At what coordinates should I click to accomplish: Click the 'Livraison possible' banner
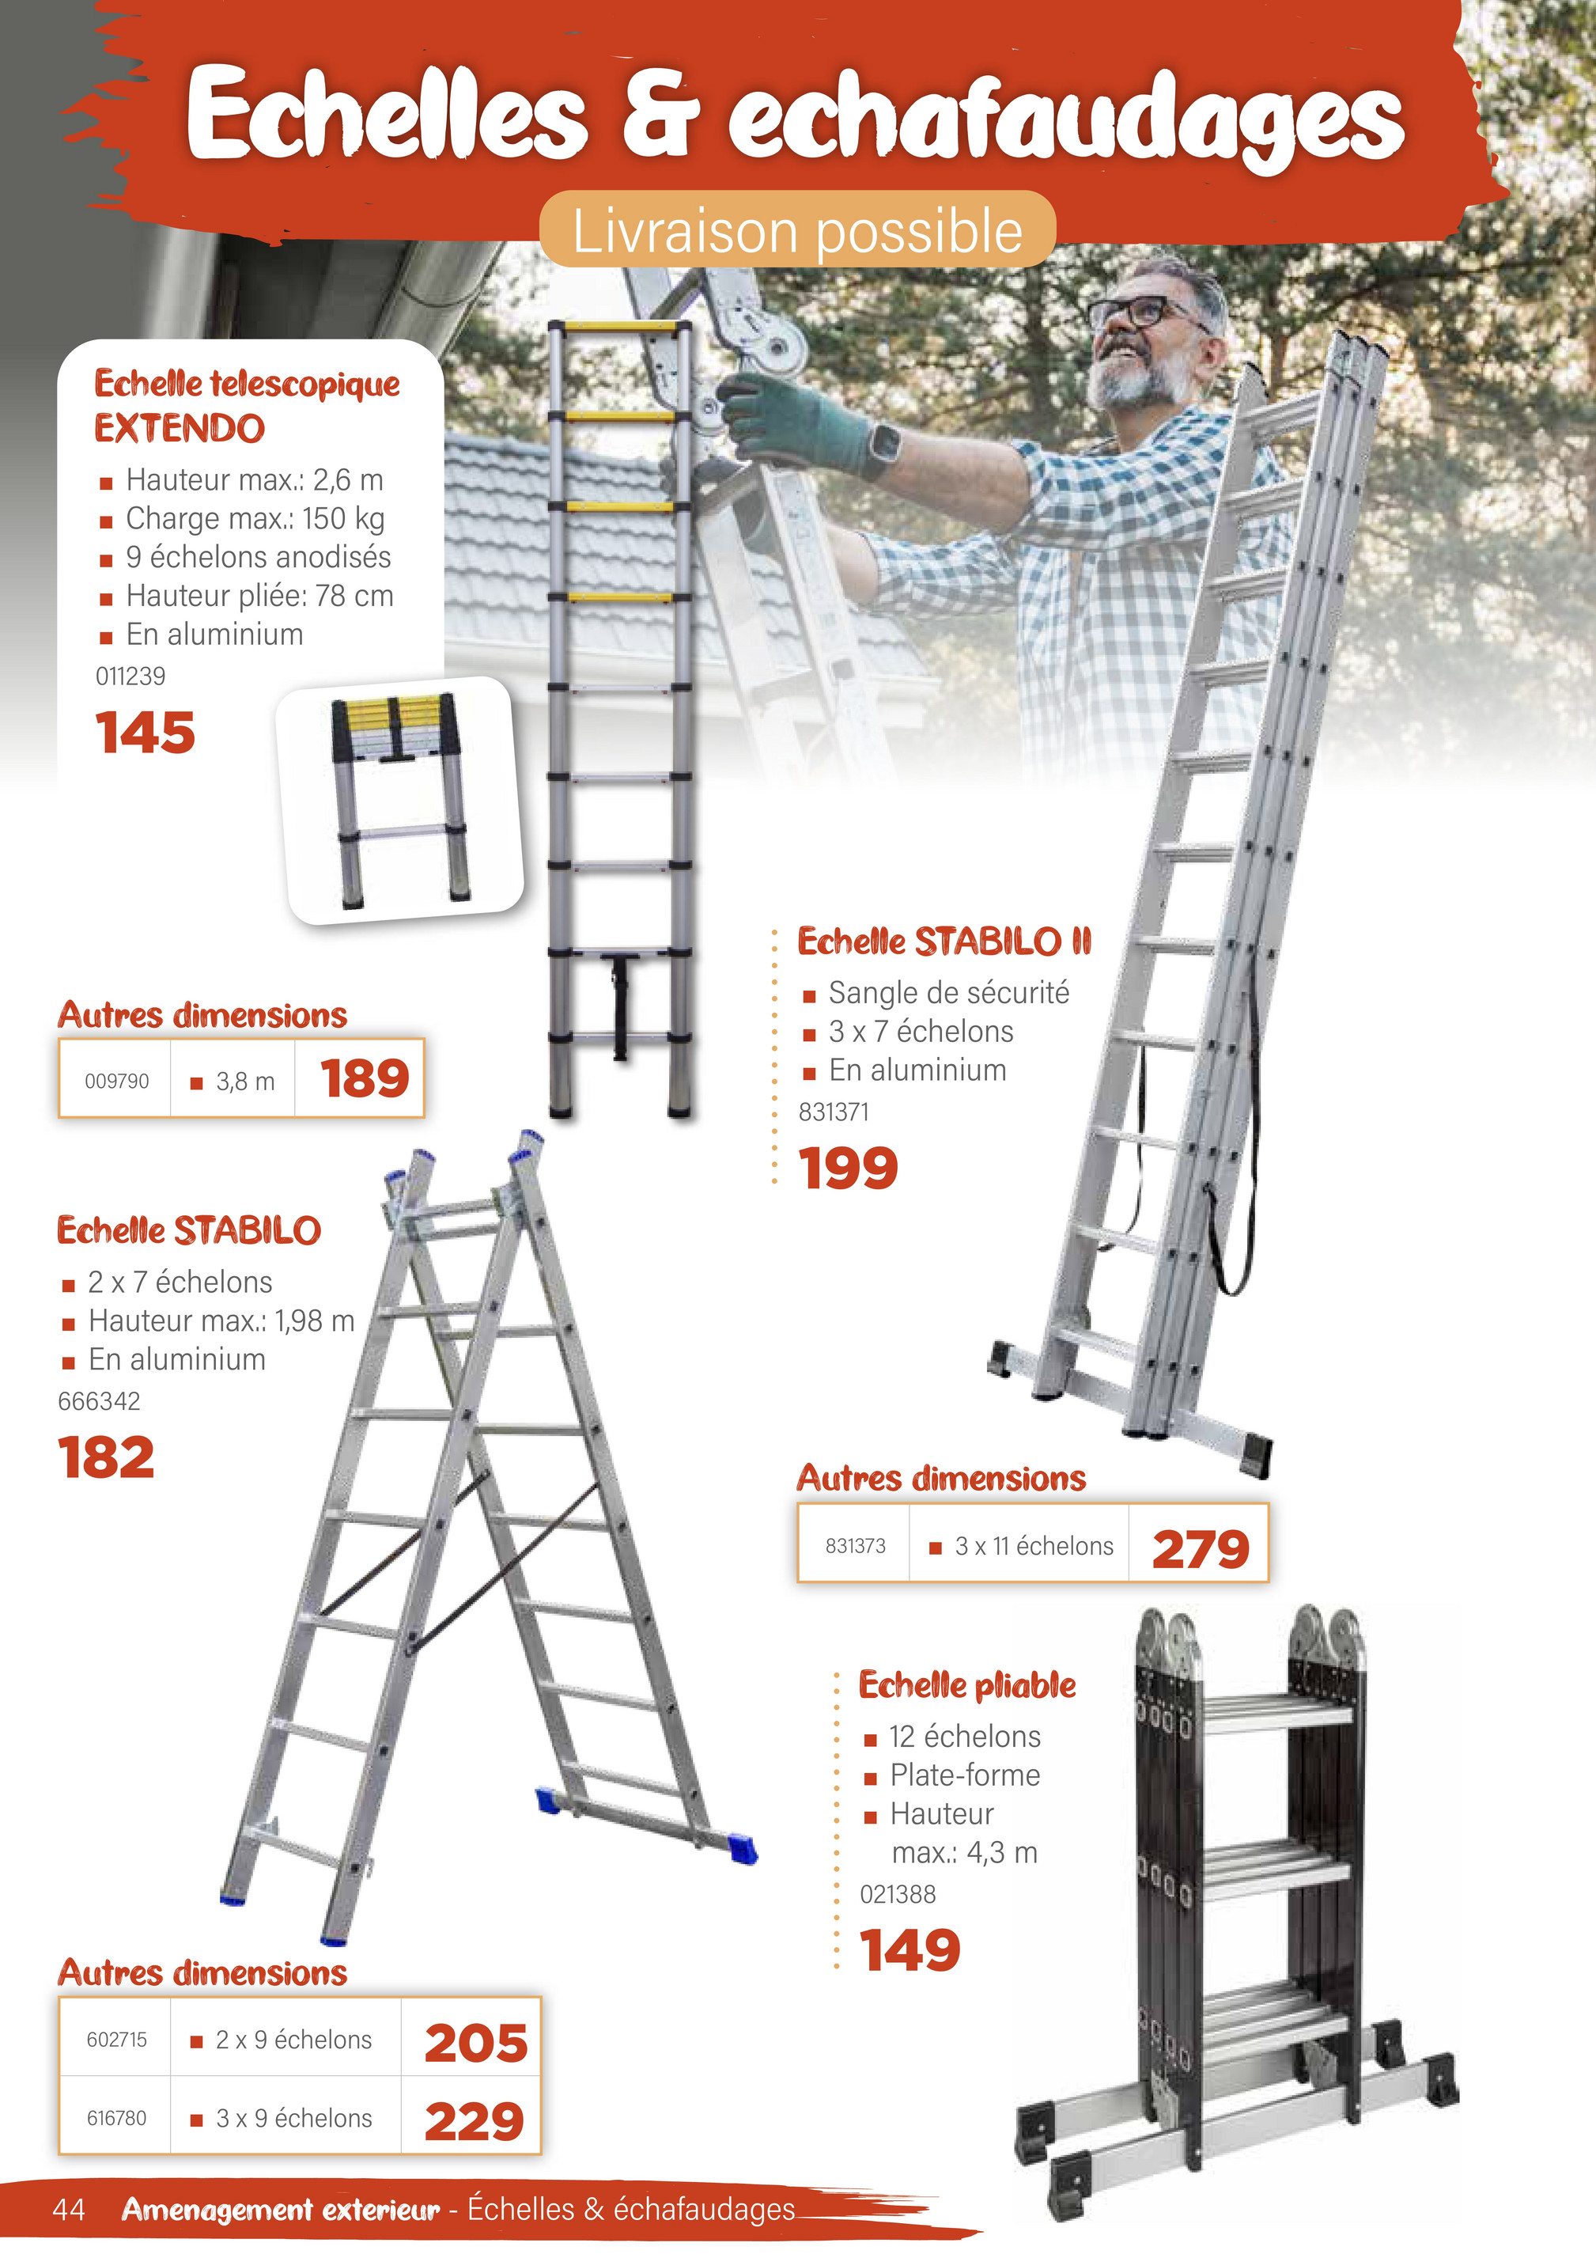796,230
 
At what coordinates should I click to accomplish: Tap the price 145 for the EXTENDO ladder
146,733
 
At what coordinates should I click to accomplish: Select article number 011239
130,676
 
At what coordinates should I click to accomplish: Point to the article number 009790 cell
116,1081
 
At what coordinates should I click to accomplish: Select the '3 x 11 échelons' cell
1033,1546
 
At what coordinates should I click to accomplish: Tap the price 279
1200,1549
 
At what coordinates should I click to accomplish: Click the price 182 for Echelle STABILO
106,1457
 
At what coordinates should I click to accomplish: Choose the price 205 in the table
476,2042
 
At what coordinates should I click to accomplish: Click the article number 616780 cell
116,2117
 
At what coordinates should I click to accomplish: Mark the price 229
474,2120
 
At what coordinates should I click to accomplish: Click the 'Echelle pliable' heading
966,1684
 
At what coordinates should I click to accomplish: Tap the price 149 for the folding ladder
910,1949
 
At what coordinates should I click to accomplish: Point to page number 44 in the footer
69,2209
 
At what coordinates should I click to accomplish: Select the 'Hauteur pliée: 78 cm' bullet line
259,596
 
